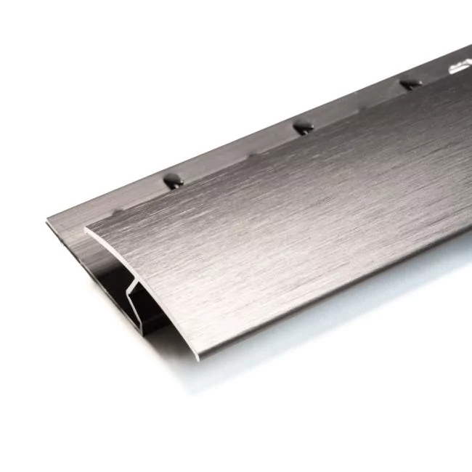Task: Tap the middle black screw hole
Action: tap(303, 127)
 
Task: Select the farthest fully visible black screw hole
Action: tap(411, 84)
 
